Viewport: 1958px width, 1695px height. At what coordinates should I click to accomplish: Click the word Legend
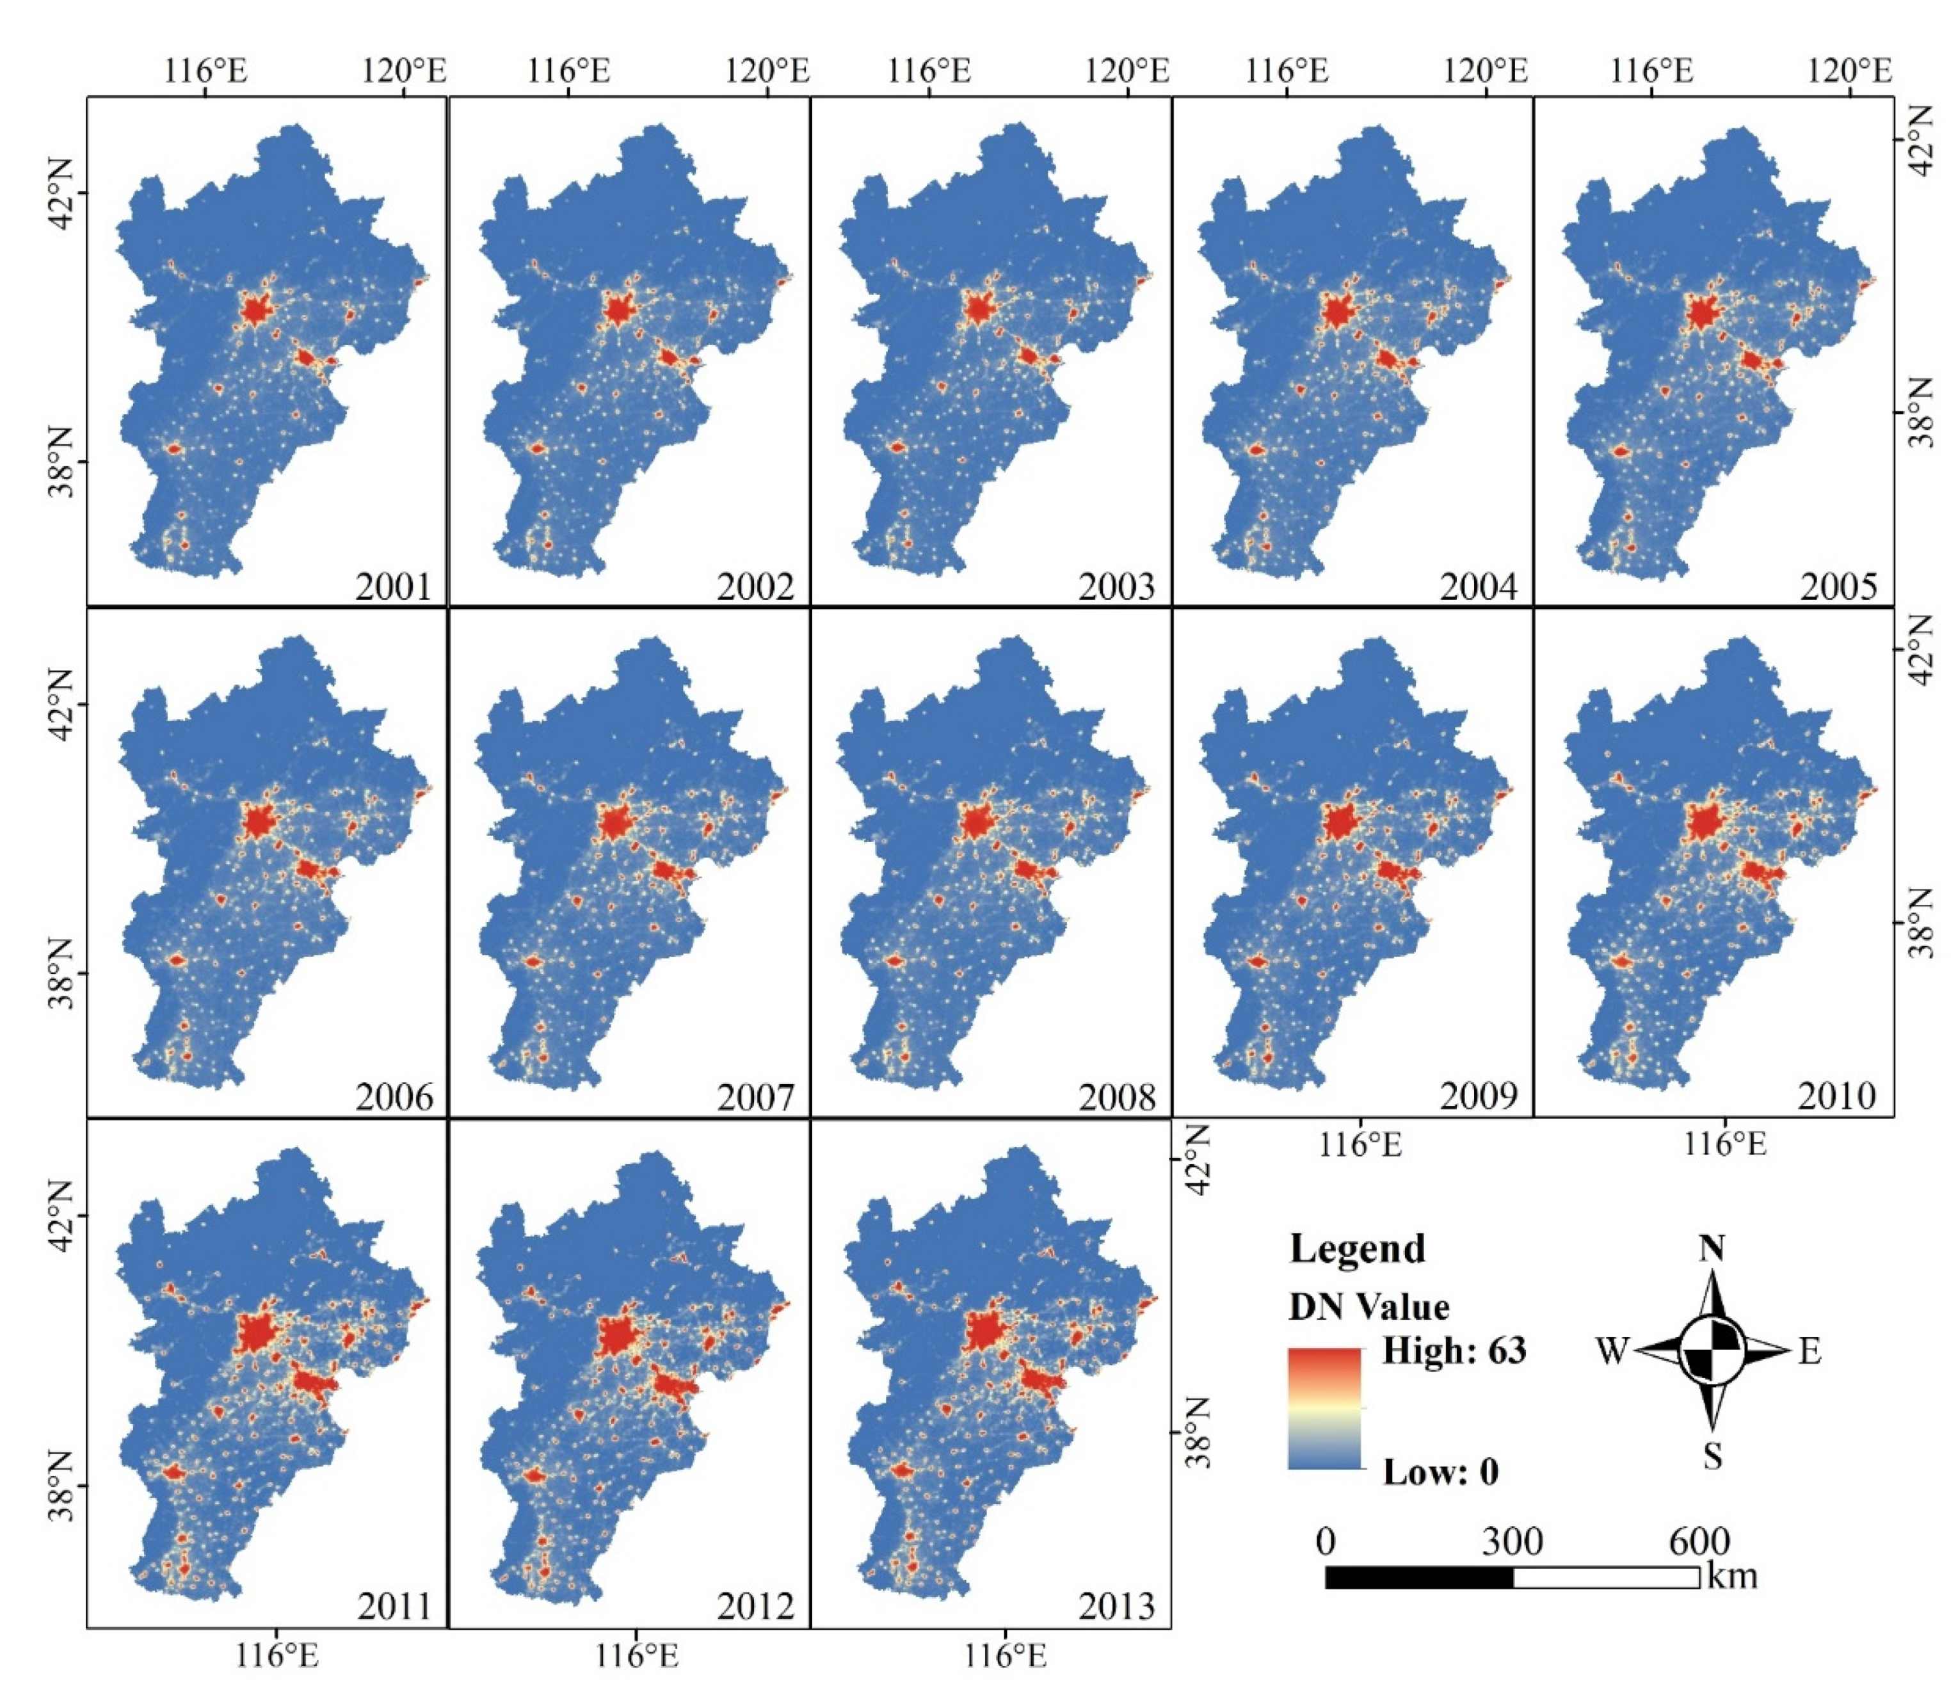pyautogui.click(x=1357, y=1249)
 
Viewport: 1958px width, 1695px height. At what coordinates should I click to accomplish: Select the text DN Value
pyautogui.click(x=1368, y=1307)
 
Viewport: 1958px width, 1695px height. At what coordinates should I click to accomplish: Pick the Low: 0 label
pyautogui.click(x=1441, y=1472)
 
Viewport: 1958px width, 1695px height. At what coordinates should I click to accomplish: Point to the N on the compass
pyautogui.click(x=1711, y=1249)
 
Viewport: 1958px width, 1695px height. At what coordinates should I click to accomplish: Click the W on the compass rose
pyautogui.click(x=1612, y=1350)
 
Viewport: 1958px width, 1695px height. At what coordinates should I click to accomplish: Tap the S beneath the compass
pyautogui.click(x=1712, y=1457)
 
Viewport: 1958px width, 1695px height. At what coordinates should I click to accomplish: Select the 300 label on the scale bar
pyautogui.click(x=1512, y=1542)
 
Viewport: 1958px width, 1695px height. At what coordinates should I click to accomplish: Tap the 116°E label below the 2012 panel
pyautogui.click(x=636, y=1657)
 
